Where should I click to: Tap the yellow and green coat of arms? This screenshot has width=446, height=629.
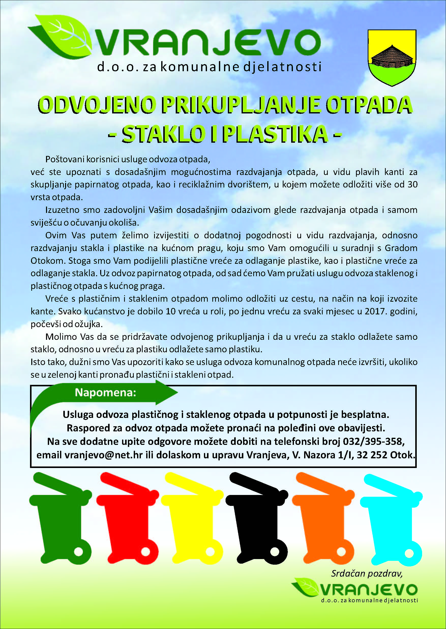coord(392,58)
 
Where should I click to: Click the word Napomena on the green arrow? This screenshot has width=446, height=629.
coord(106,393)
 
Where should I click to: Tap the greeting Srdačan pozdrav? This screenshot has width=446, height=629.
coord(367,574)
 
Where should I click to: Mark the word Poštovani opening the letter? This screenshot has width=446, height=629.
coord(65,159)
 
